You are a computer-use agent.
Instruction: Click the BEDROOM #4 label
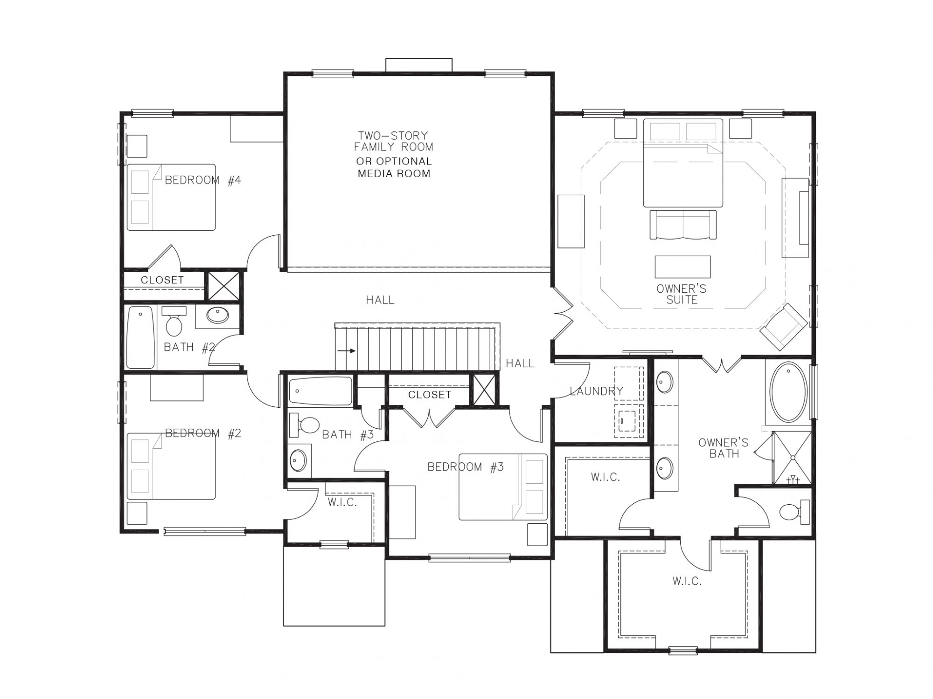[202, 180]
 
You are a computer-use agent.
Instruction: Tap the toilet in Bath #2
[174, 324]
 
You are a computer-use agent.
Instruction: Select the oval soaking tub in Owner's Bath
[788, 393]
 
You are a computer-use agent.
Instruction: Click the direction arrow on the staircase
[347, 351]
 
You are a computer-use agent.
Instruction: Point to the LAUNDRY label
[596, 391]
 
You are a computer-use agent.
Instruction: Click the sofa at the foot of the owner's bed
[683, 225]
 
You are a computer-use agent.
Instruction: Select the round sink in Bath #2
[217, 315]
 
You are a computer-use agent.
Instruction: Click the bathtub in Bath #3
[320, 391]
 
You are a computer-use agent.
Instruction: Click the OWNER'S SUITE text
[682, 294]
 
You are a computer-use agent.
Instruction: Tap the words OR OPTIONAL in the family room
[394, 162]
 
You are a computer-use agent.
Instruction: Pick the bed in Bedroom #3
[503, 487]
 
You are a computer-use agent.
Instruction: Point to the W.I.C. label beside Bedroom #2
[342, 502]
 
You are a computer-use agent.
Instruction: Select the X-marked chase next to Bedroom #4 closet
[223, 286]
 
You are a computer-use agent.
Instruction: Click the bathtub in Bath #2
[140, 337]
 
